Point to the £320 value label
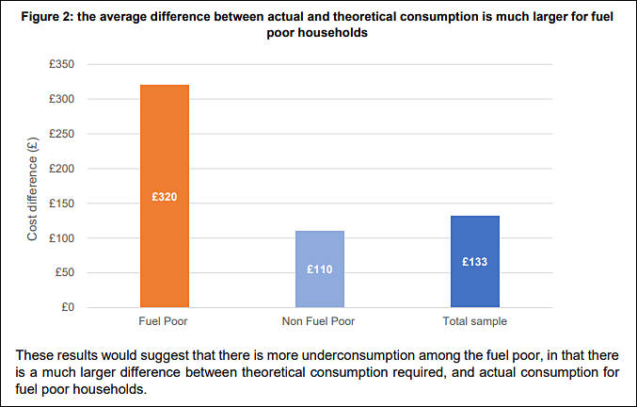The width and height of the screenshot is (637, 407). (165, 198)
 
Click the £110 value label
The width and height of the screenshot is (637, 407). (320, 269)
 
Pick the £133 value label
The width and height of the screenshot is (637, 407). (474, 262)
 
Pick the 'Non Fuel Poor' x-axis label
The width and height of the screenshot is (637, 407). (320, 321)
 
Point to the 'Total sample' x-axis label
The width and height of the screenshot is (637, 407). (474, 321)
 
